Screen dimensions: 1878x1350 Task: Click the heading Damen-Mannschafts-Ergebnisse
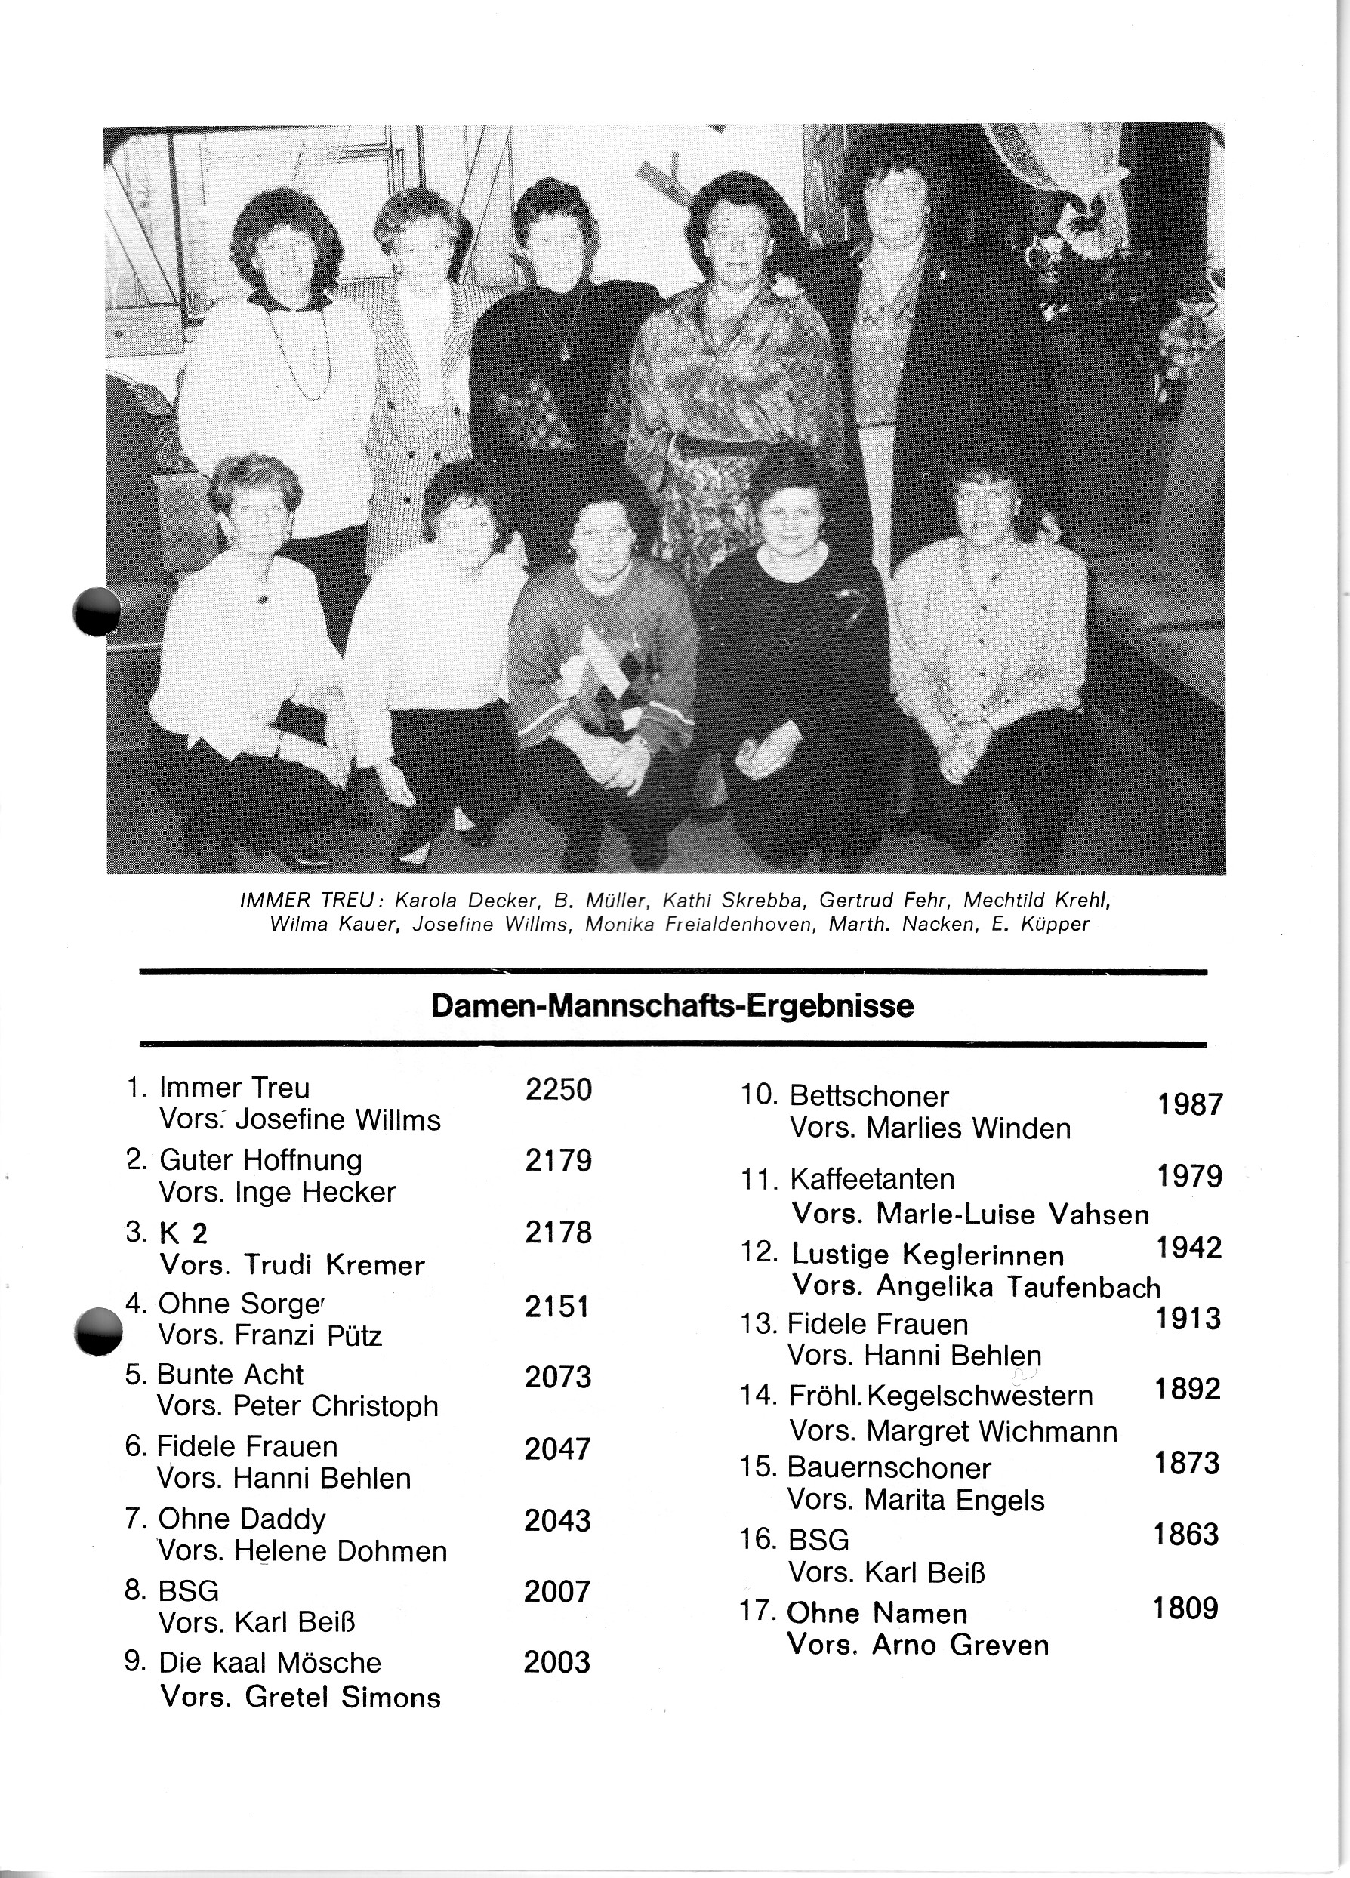(x=673, y=1007)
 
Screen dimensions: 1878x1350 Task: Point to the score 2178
(x=558, y=1233)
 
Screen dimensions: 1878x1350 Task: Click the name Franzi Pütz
(x=309, y=1335)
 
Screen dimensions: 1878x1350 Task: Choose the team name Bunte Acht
(x=230, y=1375)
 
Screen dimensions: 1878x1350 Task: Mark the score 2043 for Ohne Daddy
(x=557, y=1520)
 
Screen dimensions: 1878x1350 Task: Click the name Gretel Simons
(x=343, y=1698)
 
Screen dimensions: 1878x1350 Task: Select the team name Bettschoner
(x=869, y=1096)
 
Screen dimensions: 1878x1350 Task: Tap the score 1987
(x=1189, y=1104)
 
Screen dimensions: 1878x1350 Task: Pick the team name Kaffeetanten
(x=872, y=1178)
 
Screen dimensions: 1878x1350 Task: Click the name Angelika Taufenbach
(x=1018, y=1287)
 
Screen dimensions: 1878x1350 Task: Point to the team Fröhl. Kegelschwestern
(x=940, y=1396)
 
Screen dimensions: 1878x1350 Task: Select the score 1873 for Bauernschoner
(x=1187, y=1463)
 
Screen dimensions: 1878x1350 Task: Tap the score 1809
(x=1185, y=1608)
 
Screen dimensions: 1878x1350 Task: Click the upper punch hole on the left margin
(x=97, y=611)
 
